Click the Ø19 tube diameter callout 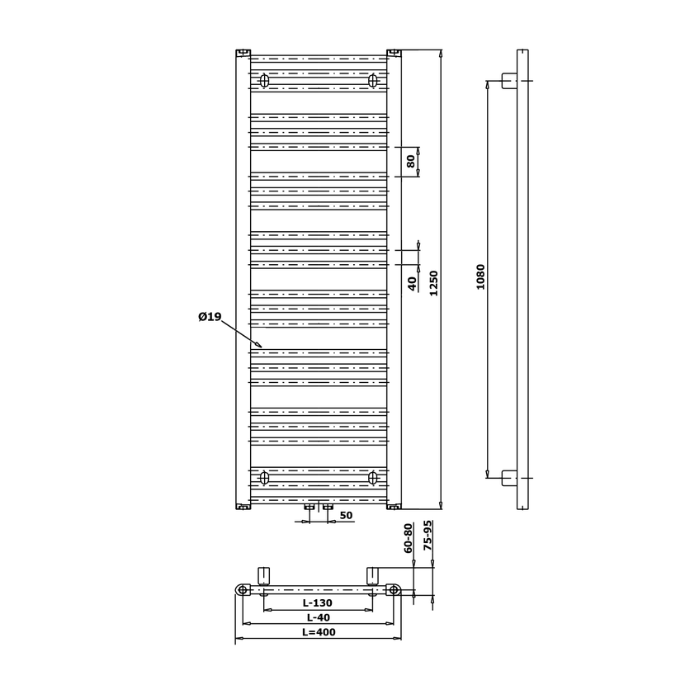(210, 316)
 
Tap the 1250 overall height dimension (433, 283)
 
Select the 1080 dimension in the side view (480, 277)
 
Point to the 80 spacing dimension (411, 162)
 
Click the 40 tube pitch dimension (412, 284)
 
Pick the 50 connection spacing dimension (346, 516)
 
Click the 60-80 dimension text (408, 538)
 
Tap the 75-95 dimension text (428, 535)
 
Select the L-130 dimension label (318, 602)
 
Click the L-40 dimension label (318, 617)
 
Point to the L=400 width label (319, 632)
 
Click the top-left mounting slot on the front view (264, 81)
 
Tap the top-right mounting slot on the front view (373, 81)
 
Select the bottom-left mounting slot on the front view (264, 478)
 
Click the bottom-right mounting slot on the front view (373, 478)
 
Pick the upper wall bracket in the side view (509, 81)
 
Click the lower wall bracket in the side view (509, 478)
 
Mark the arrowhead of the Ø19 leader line (262, 347)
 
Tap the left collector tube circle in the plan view (243, 590)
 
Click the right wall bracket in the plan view (372, 576)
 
